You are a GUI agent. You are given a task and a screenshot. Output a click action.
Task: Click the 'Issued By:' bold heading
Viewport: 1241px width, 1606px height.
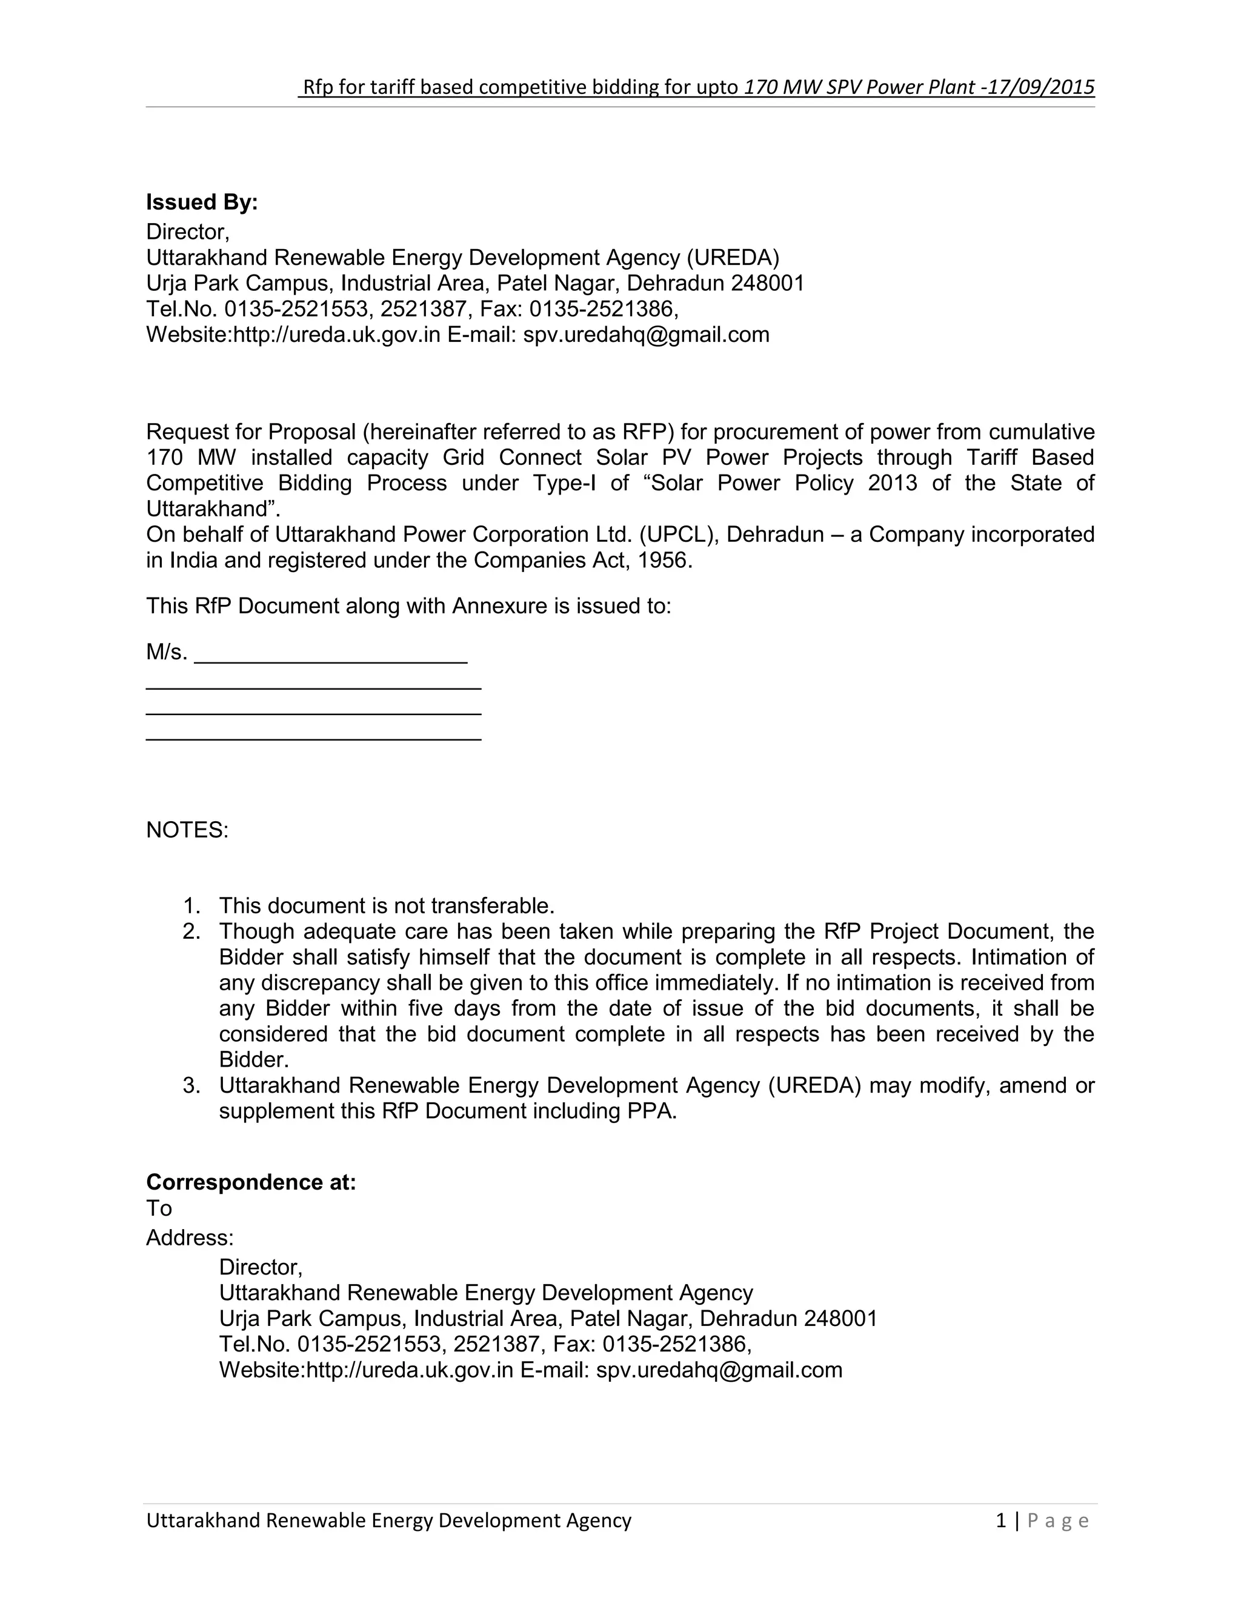(201, 202)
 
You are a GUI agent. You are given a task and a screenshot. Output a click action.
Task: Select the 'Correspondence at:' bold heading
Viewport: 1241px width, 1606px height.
(251, 1182)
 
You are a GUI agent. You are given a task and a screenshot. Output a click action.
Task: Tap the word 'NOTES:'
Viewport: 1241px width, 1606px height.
(187, 830)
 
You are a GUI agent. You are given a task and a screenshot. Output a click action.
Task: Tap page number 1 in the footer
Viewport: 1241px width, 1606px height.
(1000, 1520)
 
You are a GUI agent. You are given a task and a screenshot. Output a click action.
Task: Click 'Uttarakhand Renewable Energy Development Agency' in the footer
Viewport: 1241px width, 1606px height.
(388, 1520)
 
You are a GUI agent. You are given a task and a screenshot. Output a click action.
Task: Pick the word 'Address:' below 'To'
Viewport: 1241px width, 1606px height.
(190, 1238)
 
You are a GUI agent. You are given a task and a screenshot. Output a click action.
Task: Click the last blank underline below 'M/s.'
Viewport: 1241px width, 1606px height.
(313, 738)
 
